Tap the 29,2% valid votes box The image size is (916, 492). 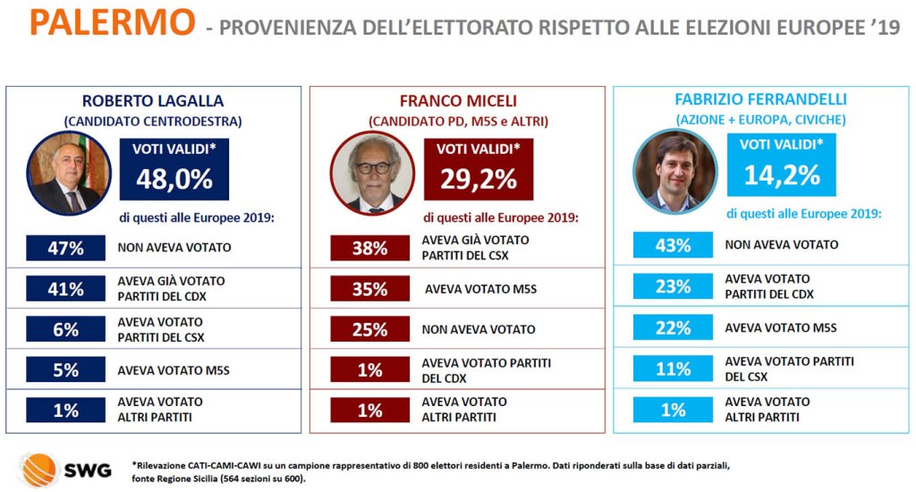click(479, 169)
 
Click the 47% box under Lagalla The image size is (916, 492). click(65, 248)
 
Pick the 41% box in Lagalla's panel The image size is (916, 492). click(65, 289)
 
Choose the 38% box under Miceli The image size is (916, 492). click(369, 248)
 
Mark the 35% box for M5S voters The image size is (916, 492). click(369, 289)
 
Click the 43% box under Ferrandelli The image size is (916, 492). click(673, 245)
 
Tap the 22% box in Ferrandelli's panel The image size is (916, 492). click(673, 327)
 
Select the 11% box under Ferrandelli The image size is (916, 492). click(673, 369)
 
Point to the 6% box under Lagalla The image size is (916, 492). click(65, 329)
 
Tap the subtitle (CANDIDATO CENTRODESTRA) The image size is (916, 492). click(153, 121)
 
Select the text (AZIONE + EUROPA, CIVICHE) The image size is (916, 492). click(761, 119)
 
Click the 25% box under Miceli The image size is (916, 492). click(369, 329)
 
